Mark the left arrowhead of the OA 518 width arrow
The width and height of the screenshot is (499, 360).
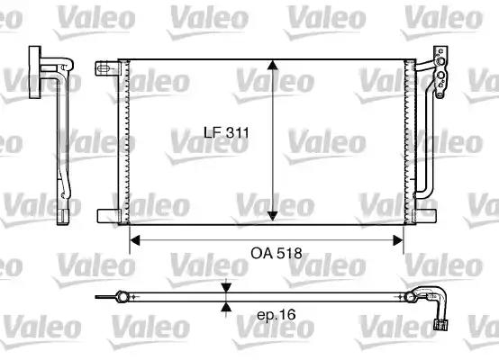point(135,239)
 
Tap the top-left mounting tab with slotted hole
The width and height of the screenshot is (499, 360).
point(104,67)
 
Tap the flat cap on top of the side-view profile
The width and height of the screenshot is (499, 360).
point(41,59)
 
